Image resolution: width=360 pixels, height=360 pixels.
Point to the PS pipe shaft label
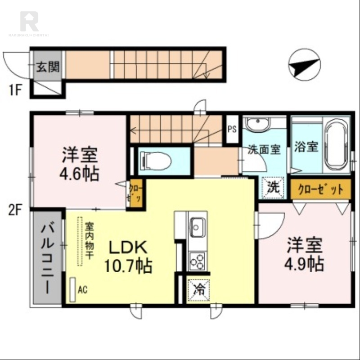pyautogui.click(x=232, y=128)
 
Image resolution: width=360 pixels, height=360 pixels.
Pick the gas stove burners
pyautogui.click(x=197, y=261)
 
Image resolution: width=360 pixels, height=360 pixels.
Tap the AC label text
pyautogui.click(x=82, y=289)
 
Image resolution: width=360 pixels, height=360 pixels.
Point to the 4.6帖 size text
pyautogui.click(x=80, y=174)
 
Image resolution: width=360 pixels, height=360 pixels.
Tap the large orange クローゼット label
pyautogui.click(x=320, y=189)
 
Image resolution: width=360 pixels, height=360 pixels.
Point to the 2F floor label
pyautogui.click(x=14, y=211)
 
